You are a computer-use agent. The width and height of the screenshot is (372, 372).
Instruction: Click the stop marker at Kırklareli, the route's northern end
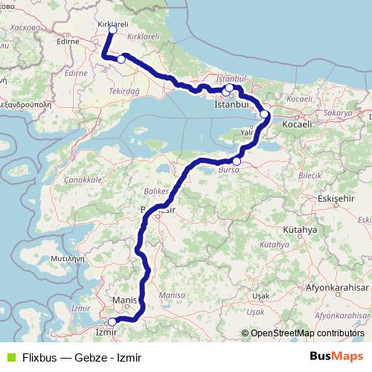coord(112,31)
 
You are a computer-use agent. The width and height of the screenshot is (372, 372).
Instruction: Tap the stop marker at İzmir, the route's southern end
coord(112,321)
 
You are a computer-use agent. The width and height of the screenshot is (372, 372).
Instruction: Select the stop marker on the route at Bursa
coord(237,161)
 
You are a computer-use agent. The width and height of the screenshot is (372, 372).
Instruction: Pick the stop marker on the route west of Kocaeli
coord(265,115)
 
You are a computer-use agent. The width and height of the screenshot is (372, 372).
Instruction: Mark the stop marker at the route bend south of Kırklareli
coord(121,60)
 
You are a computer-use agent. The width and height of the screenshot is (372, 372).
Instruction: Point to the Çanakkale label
coord(83,180)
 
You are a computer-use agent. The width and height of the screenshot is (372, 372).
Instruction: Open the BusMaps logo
coord(338,356)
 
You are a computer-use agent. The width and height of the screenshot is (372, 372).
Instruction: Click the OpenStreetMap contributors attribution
coord(307,333)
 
